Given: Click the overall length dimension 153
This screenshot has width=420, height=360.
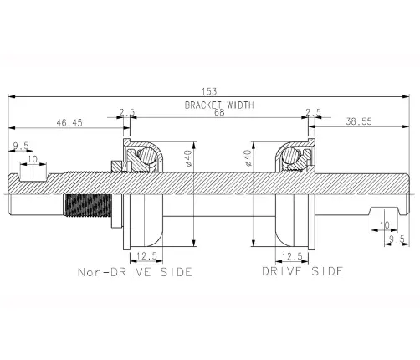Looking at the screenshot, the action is (x=209, y=91).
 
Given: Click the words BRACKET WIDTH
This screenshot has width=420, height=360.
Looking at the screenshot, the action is (x=219, y=105).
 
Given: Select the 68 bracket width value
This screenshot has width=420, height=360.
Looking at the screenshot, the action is (x=219, y=112).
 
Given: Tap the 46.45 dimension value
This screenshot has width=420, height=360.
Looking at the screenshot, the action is (x=69, y=122).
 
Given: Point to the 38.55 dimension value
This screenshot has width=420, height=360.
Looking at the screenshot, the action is (x=359, y=121).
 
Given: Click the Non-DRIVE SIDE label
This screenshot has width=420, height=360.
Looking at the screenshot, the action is (x=135, y=272).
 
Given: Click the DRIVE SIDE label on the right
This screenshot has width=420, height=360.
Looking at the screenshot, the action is (x=303, y=271).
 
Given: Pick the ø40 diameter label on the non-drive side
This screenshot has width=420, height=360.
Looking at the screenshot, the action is (x=188, y=158).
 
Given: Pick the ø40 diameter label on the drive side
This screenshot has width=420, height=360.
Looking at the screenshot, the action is (x=248, y=158).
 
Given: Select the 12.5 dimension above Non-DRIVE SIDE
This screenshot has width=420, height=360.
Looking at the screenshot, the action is (x=146, y=255).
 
